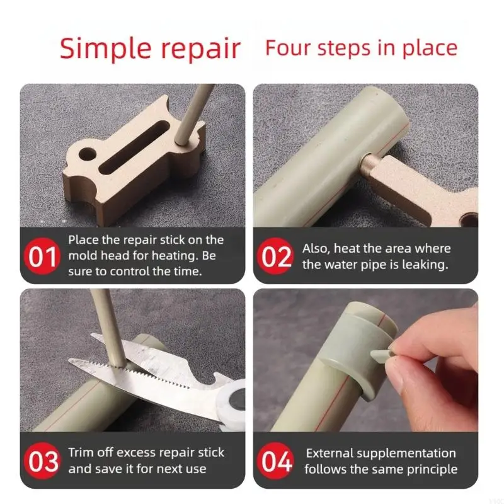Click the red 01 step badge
(42, 256)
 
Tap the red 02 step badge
(275, 256)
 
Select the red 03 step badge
(42, 461)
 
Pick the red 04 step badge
(275, 461)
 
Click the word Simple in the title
(105, 49)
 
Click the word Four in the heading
(289, 48)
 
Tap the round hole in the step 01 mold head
(88, 154)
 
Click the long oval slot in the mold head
(134, 147)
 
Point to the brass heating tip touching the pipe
(370, 163)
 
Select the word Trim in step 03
(81, 452)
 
